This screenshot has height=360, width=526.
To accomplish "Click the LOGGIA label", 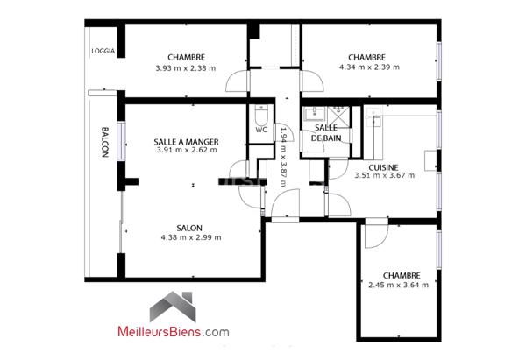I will pos(103,51).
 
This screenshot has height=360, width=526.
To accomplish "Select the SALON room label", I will pos(190,225).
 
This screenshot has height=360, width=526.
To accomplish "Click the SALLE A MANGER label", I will pos(186,141).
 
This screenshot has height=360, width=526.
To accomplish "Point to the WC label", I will pos(260,131).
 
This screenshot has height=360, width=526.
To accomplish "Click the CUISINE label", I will pos(384,167).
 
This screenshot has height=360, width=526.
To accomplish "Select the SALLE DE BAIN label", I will pos(328,133).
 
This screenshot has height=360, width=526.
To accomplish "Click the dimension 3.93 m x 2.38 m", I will pos(185,67).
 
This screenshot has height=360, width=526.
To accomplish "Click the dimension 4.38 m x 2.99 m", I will pos(190,236).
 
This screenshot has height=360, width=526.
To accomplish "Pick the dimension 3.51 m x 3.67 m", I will pos(384,177).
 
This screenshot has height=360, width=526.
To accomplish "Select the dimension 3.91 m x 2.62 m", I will pos(186,151).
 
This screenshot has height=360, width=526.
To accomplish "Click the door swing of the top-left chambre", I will pos(237,84).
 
